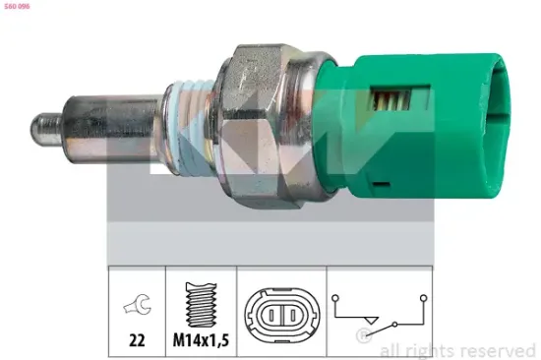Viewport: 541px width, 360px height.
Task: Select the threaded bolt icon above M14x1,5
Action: coord(201,305)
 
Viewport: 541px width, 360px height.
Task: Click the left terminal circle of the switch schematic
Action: coord(336,293)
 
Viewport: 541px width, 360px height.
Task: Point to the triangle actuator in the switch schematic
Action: coord(371,319)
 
